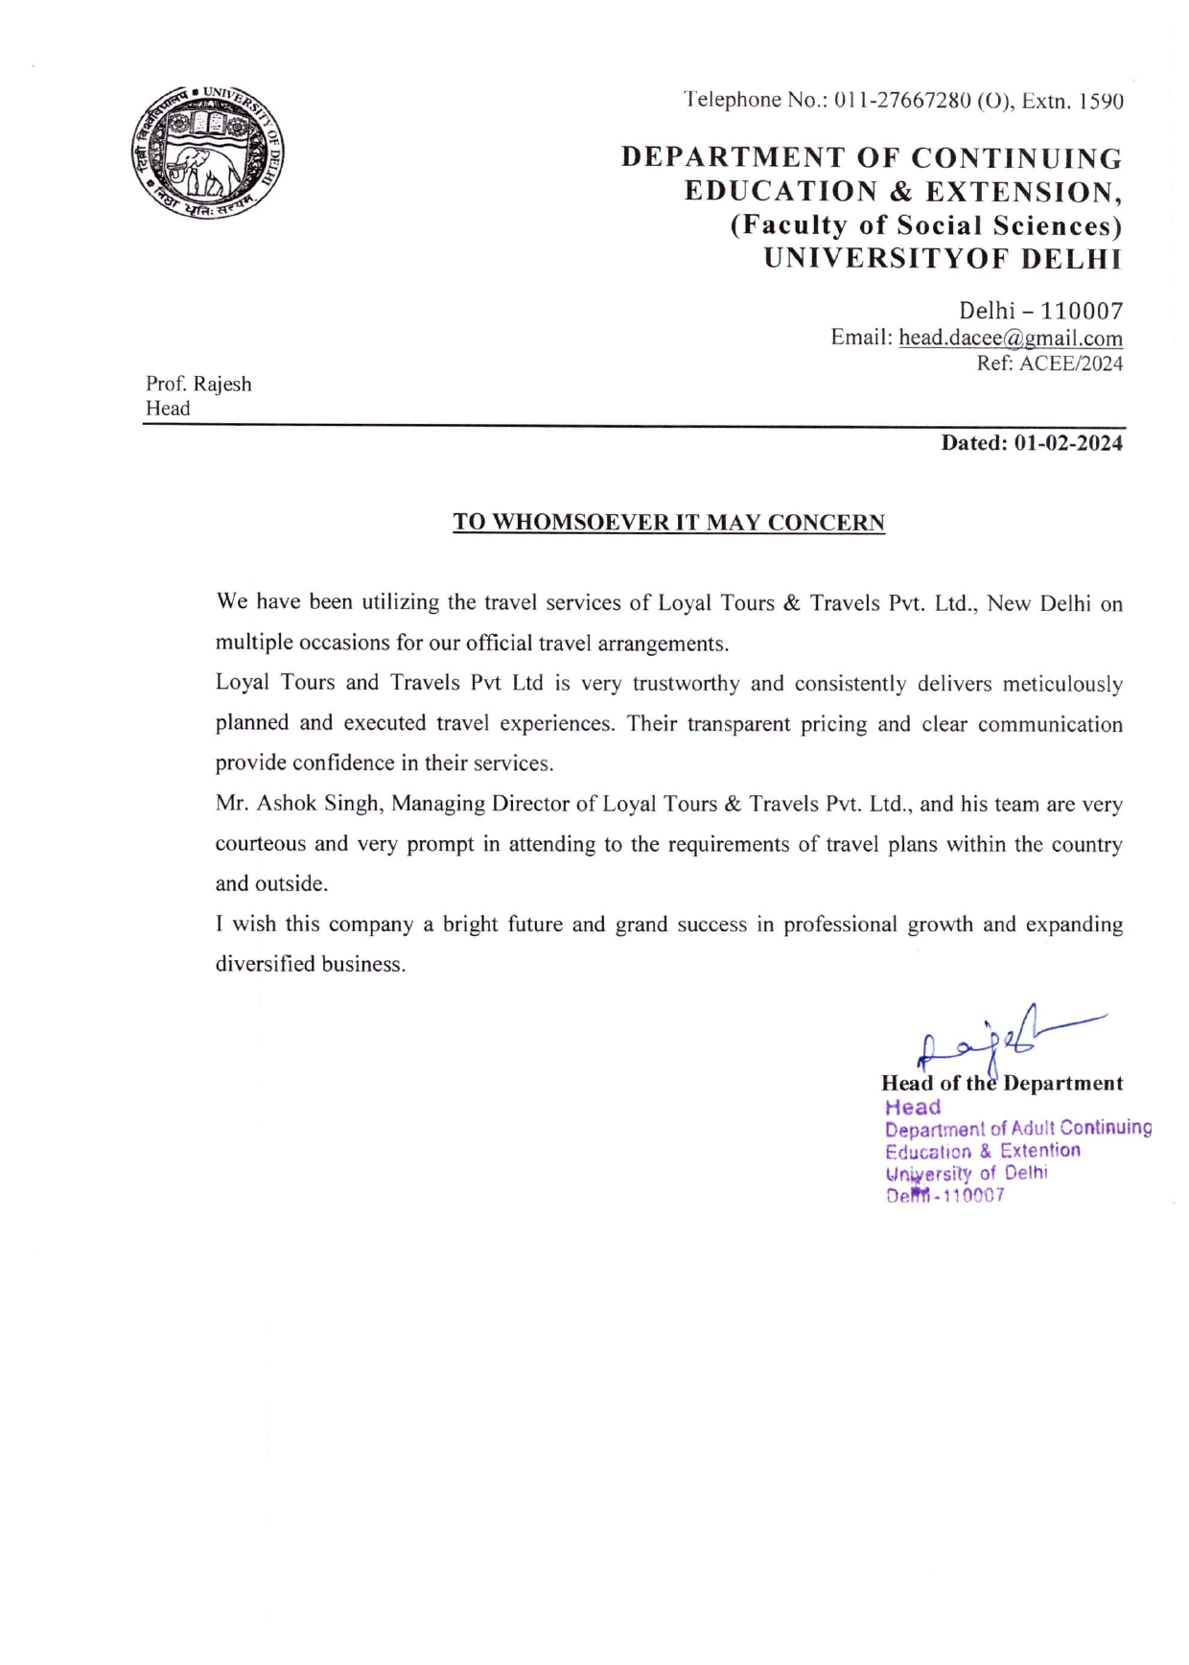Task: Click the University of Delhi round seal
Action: [207, 152]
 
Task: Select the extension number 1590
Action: [1100, 101]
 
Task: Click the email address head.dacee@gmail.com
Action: [1010, 338]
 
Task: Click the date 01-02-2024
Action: [1067, 443]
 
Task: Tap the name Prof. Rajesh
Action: [198, 384]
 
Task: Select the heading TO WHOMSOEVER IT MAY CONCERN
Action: [668, 523]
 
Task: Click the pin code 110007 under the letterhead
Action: [1082, 311]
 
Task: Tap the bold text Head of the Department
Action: [1001, 1083]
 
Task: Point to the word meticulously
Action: [1061, 684]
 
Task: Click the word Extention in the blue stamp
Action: [1040, 1150]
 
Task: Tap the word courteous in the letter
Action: [260, 844]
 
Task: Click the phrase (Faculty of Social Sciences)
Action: [925, 225]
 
